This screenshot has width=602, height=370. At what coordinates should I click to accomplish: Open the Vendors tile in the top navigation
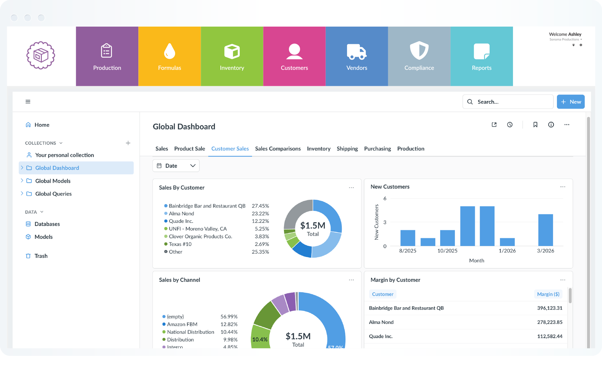[x=356, y=56]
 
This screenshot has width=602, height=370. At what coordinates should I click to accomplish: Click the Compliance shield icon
[x=419, y=51]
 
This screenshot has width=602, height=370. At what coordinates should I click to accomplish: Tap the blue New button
[x=570, y=102]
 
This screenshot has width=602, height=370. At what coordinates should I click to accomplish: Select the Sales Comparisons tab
[x=278, y=148]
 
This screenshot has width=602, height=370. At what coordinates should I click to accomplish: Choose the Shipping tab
[x=347, y=148]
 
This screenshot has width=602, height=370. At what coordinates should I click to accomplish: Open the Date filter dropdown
[x=176, y=166]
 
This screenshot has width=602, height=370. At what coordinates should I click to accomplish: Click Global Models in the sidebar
[x=53, y=181]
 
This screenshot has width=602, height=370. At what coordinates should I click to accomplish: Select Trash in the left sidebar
[x=41, y=256]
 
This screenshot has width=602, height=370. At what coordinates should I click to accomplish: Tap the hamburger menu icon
[x=28, y=102]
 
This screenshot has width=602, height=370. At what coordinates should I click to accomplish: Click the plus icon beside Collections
[x=128, y=143]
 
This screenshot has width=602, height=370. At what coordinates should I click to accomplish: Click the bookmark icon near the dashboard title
[x=535, y=125]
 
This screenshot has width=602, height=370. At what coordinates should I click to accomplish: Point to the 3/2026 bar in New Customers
[x=545, y=230]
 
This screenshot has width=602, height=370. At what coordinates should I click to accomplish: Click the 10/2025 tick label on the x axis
[x=447, y=251]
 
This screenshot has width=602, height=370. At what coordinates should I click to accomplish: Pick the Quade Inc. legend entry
[x=181, y=221]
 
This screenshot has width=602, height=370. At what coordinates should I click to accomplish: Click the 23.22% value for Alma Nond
[x=260, y=214]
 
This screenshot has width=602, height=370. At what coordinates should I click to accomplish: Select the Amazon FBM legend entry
[x=182, y=324]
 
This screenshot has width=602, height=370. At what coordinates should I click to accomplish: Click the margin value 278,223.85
[x=549, y=322]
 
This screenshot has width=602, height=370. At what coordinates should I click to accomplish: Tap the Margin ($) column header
[x=548, y=294]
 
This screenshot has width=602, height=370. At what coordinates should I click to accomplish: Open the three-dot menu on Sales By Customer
[x=351, y=188]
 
